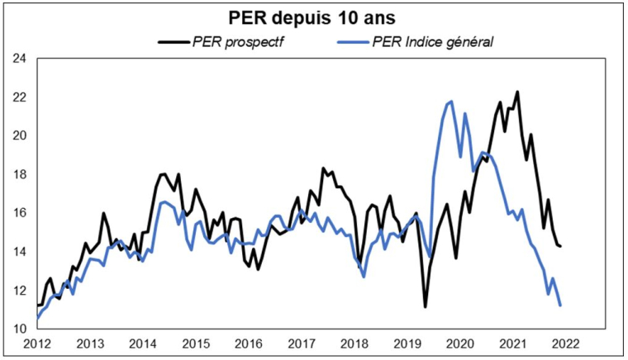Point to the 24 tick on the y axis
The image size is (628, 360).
coord(19,59)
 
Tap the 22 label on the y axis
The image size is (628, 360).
coord(19,97)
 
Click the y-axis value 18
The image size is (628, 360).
coord(19,174)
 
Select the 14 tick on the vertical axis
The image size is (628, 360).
coord(19,252)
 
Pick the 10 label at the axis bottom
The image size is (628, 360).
coord(19,329)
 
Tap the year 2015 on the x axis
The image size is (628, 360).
coord(195,343)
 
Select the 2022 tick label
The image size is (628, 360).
coord(565,343)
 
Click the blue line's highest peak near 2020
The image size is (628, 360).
coord(450,102)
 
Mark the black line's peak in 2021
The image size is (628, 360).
coord(517,92)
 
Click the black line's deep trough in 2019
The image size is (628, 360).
coord(426,307)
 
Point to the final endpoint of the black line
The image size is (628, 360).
coord(561,246)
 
